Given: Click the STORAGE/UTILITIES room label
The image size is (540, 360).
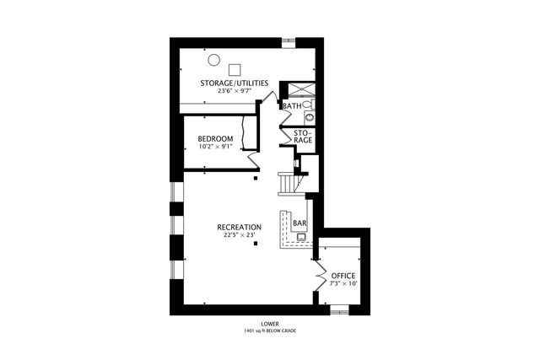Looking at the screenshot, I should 234,83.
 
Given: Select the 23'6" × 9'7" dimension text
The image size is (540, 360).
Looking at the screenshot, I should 234,90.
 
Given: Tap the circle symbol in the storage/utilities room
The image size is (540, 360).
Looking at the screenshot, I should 214,60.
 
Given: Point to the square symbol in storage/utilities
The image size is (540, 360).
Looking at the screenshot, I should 235,69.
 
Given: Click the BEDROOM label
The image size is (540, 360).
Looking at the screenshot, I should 215,138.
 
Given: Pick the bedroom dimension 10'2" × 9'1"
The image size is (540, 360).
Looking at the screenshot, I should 215,147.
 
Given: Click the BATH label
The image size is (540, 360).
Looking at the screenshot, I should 292,106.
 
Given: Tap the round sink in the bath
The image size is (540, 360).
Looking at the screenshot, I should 309,105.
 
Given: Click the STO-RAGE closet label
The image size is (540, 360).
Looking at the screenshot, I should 304,136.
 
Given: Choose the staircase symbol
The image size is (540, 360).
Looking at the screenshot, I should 289,183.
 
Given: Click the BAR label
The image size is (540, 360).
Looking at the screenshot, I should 299,223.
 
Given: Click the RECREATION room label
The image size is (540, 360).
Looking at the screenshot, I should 239,227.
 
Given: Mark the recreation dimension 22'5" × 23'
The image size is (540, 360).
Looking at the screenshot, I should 239,235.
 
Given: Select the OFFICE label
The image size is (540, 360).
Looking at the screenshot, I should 343,276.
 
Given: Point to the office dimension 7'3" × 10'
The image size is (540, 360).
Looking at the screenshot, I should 343,284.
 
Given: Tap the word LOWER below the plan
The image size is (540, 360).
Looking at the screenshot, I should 270,323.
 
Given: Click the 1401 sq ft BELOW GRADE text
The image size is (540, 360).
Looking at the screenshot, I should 270,330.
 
